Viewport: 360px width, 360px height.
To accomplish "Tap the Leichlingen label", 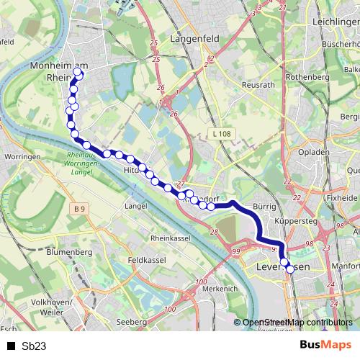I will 336,23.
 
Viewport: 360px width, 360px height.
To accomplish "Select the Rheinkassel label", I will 170,238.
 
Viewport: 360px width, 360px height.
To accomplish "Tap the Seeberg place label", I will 132,321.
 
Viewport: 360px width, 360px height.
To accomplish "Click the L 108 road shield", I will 220,134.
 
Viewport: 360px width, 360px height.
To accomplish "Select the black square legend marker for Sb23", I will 11,346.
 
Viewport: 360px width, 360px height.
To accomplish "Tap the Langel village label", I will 136,206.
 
